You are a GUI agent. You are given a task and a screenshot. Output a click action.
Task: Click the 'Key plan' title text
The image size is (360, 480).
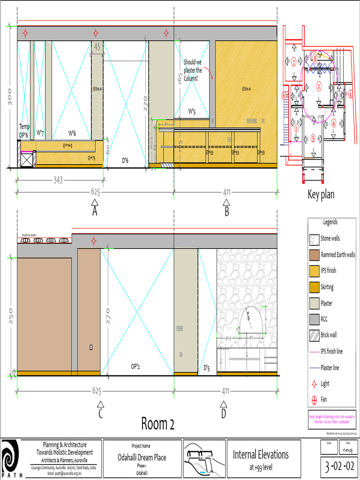321,195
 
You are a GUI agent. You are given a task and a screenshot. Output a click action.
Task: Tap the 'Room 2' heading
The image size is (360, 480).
158,424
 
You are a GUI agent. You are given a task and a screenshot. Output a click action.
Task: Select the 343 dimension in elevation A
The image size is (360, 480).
58,180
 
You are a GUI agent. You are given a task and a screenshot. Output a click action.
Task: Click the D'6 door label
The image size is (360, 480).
125,161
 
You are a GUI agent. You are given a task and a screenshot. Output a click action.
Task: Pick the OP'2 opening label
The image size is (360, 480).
137,367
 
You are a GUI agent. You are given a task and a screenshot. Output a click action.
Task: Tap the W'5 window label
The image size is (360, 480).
192,111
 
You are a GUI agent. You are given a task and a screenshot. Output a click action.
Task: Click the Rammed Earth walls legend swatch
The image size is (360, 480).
314,255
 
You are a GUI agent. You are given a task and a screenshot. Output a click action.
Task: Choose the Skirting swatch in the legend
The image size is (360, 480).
314,287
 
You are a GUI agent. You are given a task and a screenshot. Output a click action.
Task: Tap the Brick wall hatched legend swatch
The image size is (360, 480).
314,335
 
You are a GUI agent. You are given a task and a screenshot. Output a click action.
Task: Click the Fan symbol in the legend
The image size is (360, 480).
314,400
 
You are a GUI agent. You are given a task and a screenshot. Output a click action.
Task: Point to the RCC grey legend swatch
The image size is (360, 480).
314,319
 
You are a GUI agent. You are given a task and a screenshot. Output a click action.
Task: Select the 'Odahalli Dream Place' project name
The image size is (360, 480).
142,457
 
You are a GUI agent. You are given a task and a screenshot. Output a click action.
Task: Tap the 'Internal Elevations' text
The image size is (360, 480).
261,454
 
